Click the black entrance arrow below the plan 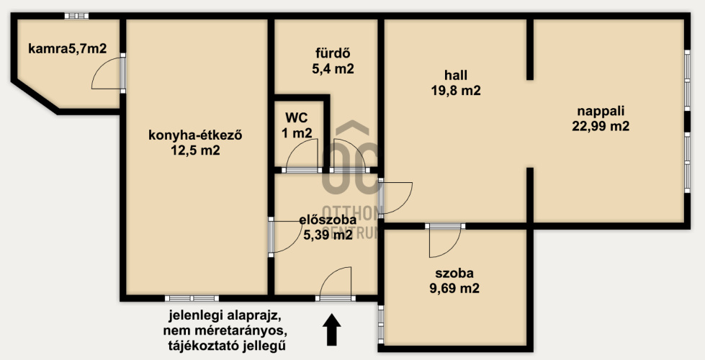pyautogui.click(x=332, y=330)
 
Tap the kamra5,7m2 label pyautogui.click(x=68, y=48)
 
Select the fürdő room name pyautogui.click(x=333, y=54)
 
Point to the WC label pyautogui.click(x=297, y=118)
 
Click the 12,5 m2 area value pyautogui.click(x=195, y=150)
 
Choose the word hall pyautogui.click(x=455, y=75)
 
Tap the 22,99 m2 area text pyautogui.click(x=601, y=126)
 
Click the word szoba pyautogui.click(x=454, y=274)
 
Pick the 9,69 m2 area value pyautogui.click(x=454, y=288)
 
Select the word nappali pyautogui.click(x=601, y=111)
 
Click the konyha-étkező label pyautogui.click(x=195, y=135)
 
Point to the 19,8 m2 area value pyautogui.click(x=455, y=90)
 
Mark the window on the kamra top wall pyautogui.click(x=76, y=16)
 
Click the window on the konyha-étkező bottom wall pyautogui.click(x=192, y=298)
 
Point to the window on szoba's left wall pyautogui.click(x=381, y=325)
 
